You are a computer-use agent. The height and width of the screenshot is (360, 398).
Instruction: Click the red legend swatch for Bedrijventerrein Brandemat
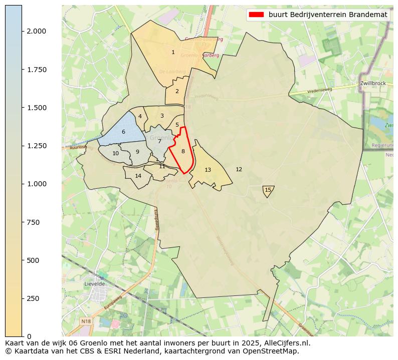click(x=256, y=15)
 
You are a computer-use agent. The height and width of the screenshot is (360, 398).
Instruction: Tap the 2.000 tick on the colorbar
click(x=37, y=31)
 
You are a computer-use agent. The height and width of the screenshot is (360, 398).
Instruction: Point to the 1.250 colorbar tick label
click(x=37, y=146)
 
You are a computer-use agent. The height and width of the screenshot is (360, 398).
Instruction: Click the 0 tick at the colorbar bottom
click(x=29, y=336)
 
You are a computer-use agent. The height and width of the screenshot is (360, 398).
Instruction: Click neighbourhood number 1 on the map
click(x=173, y=52)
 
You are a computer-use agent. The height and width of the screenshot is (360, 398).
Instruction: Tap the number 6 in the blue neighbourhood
click(x=123, y=132)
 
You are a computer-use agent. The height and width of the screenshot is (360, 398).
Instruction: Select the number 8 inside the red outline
click(x=183, y=151)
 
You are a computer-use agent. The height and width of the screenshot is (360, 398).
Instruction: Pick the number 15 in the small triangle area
click(x=268, y=190)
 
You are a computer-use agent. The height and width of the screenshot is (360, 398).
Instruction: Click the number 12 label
click(x=239, y=169)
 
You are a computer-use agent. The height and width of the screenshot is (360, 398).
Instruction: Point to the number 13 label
click(x=208, y=170)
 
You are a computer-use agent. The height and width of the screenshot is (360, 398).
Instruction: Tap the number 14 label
click(x=138, y=176)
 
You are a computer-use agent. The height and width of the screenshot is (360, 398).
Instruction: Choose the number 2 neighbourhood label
click(x=177, y=91)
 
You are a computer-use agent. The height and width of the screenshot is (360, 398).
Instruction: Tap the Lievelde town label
click(x=94, y=283)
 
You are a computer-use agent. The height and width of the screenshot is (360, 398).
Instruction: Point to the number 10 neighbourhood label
click(x=115, y=153)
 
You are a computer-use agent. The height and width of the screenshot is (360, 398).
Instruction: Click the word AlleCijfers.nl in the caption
click(x=286, y=343)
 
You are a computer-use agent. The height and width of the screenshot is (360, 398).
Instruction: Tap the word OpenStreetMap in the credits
click(x=274, y=351)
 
